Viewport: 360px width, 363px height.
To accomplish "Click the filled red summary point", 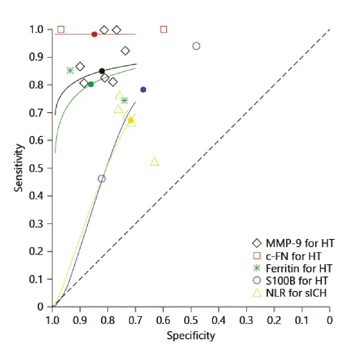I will (x=94, y=34).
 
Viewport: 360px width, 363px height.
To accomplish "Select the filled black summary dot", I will (x=102, y=71).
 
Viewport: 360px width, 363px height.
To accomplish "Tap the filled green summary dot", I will (x=91, y=84).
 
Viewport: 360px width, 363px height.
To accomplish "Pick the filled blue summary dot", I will (x=143, y=89).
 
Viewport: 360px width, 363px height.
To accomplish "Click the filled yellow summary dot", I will (x=131, y=120).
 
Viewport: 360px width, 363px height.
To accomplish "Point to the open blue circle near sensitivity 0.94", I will (x=196, y=46).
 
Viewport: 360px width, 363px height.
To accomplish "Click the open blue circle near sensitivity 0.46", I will (x=102, y=179).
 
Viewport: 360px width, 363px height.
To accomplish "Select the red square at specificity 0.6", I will (x=163, y=29).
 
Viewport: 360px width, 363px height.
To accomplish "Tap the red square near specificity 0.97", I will (x=61, y=29).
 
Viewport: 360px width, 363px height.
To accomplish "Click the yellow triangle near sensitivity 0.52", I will (x=154, y=162).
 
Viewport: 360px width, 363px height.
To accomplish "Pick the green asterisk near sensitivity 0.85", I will (x=70, y=71).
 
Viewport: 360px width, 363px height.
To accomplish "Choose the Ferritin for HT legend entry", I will (x=292, y=268).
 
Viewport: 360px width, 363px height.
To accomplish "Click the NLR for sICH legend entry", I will (x=289, y=293).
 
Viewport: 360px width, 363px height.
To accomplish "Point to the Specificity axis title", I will (x=191, y=335).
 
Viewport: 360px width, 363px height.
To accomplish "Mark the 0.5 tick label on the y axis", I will (x=36, y=168).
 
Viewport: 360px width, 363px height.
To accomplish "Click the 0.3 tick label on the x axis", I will (x=246, y=321).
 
